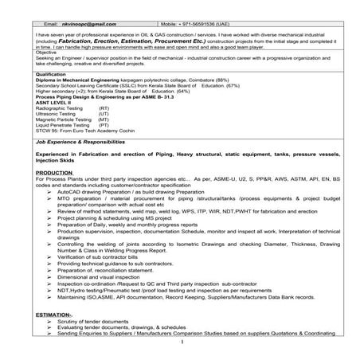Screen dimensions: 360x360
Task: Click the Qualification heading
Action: point(53,74)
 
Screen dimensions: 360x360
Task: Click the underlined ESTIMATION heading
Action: point(55,315)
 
